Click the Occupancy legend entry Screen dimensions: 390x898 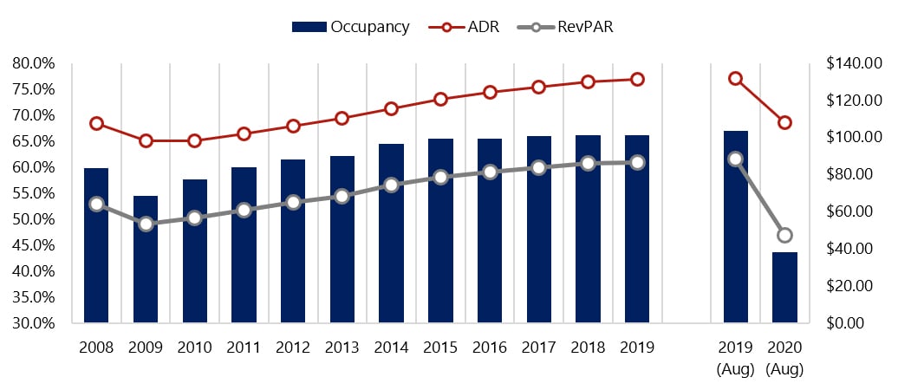350,27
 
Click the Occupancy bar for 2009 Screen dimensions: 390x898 146,259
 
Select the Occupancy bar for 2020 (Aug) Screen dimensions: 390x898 784,287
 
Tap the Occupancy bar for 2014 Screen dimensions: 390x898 391,233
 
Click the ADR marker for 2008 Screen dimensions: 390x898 96,123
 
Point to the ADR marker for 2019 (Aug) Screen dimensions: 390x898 735,79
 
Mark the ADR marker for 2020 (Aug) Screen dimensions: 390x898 784,122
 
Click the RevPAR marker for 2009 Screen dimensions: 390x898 146,224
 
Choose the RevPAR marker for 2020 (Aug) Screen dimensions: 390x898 784,235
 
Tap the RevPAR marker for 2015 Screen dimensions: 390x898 440,177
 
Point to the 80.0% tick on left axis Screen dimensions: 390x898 34,63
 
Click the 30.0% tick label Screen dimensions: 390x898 34,323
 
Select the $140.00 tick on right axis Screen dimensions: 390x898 855,63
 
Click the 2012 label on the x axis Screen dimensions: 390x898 293,348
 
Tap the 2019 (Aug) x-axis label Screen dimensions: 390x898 735,357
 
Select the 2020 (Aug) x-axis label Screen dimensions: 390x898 784,357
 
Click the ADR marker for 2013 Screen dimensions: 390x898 342,118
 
